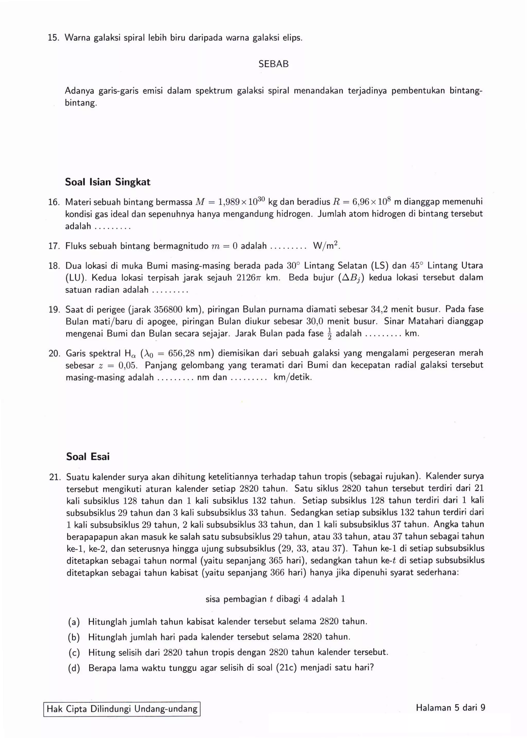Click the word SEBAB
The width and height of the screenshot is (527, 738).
pyautogui.click(x=273, y=64)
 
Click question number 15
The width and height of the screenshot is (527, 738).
pyautogui.click(x=54, y=38)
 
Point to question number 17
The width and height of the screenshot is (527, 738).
pyautogui.click(x=54, y=246)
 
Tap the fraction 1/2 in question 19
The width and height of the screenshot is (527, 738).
pyautogui.click(x=329, y=334)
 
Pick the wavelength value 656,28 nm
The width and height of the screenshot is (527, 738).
pyautogui.click(x=192, y=353)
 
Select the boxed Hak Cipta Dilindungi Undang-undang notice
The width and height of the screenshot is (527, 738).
pyautogui.click(x=122, y=709)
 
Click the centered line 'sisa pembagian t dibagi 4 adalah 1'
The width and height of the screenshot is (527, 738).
pyautogui.click(x=275, y=599)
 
